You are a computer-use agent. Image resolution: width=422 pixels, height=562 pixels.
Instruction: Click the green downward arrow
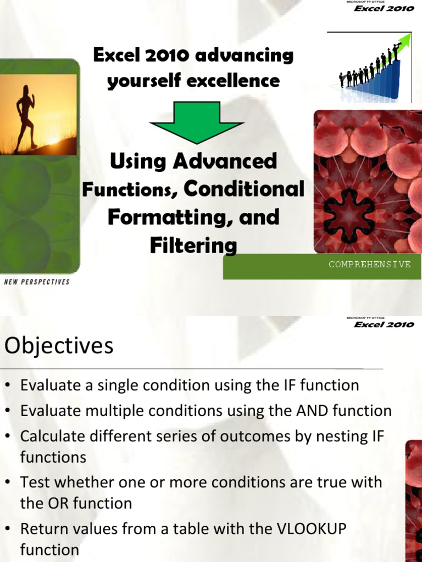click(x=197, y=122)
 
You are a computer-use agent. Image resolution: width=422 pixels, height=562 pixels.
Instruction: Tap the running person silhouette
click(x=25, y=117)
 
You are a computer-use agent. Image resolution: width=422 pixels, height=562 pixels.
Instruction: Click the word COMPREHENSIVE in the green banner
click(x=369, y=265)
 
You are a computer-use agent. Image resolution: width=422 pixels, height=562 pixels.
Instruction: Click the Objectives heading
click(x=59, y=346)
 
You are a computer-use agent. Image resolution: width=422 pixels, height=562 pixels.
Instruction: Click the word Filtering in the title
click(x=193, y=245)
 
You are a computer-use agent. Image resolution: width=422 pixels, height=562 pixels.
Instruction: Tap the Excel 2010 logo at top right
click(x=383, y=8)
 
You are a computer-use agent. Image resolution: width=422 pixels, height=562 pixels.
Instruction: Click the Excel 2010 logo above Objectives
click(x=383, y=324)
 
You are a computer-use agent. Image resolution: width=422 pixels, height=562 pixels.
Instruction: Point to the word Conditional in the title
click(x=244, y=189)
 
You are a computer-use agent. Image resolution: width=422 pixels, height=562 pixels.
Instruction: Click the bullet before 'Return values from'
click(x=9, y=530)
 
